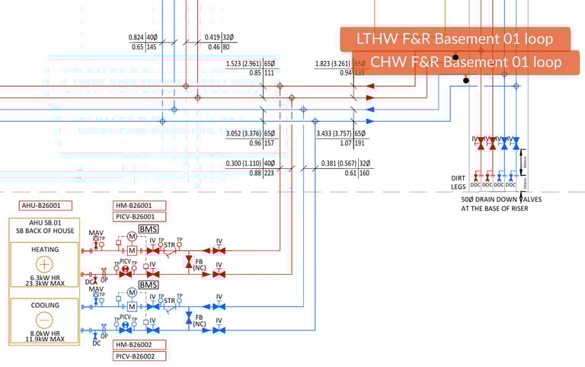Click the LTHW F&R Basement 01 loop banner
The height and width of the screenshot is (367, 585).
455,39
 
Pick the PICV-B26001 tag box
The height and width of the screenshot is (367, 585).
138,217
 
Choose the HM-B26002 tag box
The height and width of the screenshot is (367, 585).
138,344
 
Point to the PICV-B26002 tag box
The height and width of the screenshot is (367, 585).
138,356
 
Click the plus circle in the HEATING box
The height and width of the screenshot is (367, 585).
44,264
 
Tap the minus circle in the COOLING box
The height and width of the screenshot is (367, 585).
44,320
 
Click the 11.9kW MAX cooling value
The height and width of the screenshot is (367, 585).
44,339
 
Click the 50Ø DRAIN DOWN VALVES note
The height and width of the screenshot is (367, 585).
502,203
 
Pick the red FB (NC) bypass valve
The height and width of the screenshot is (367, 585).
188,261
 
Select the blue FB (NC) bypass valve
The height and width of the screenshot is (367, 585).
188,318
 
